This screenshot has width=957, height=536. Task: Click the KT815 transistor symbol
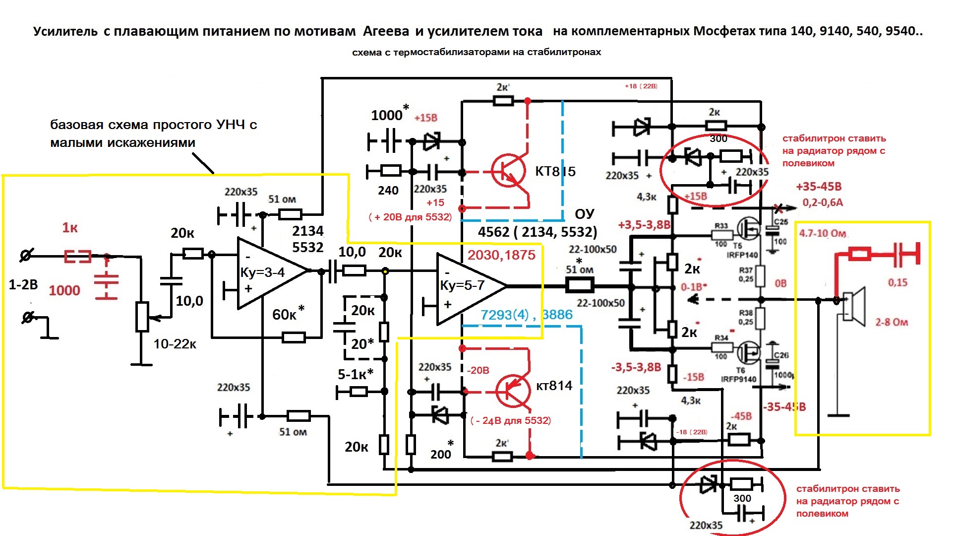coord(509,171)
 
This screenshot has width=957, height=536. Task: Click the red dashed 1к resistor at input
coord(78,257)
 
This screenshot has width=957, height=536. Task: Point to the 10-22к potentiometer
coord(142,316)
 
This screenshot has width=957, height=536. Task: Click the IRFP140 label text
coord(742,255)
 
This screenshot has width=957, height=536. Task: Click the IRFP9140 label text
coord(738,379)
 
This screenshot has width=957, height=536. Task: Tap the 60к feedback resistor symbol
coord(294,338)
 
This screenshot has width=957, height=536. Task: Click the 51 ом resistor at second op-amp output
coord(579,285)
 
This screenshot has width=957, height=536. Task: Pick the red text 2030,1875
coord(501,255)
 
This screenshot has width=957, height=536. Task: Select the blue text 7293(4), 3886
coord(526,315)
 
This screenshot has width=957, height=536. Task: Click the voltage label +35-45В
coord(819,187)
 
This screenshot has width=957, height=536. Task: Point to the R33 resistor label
coord(721,226)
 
